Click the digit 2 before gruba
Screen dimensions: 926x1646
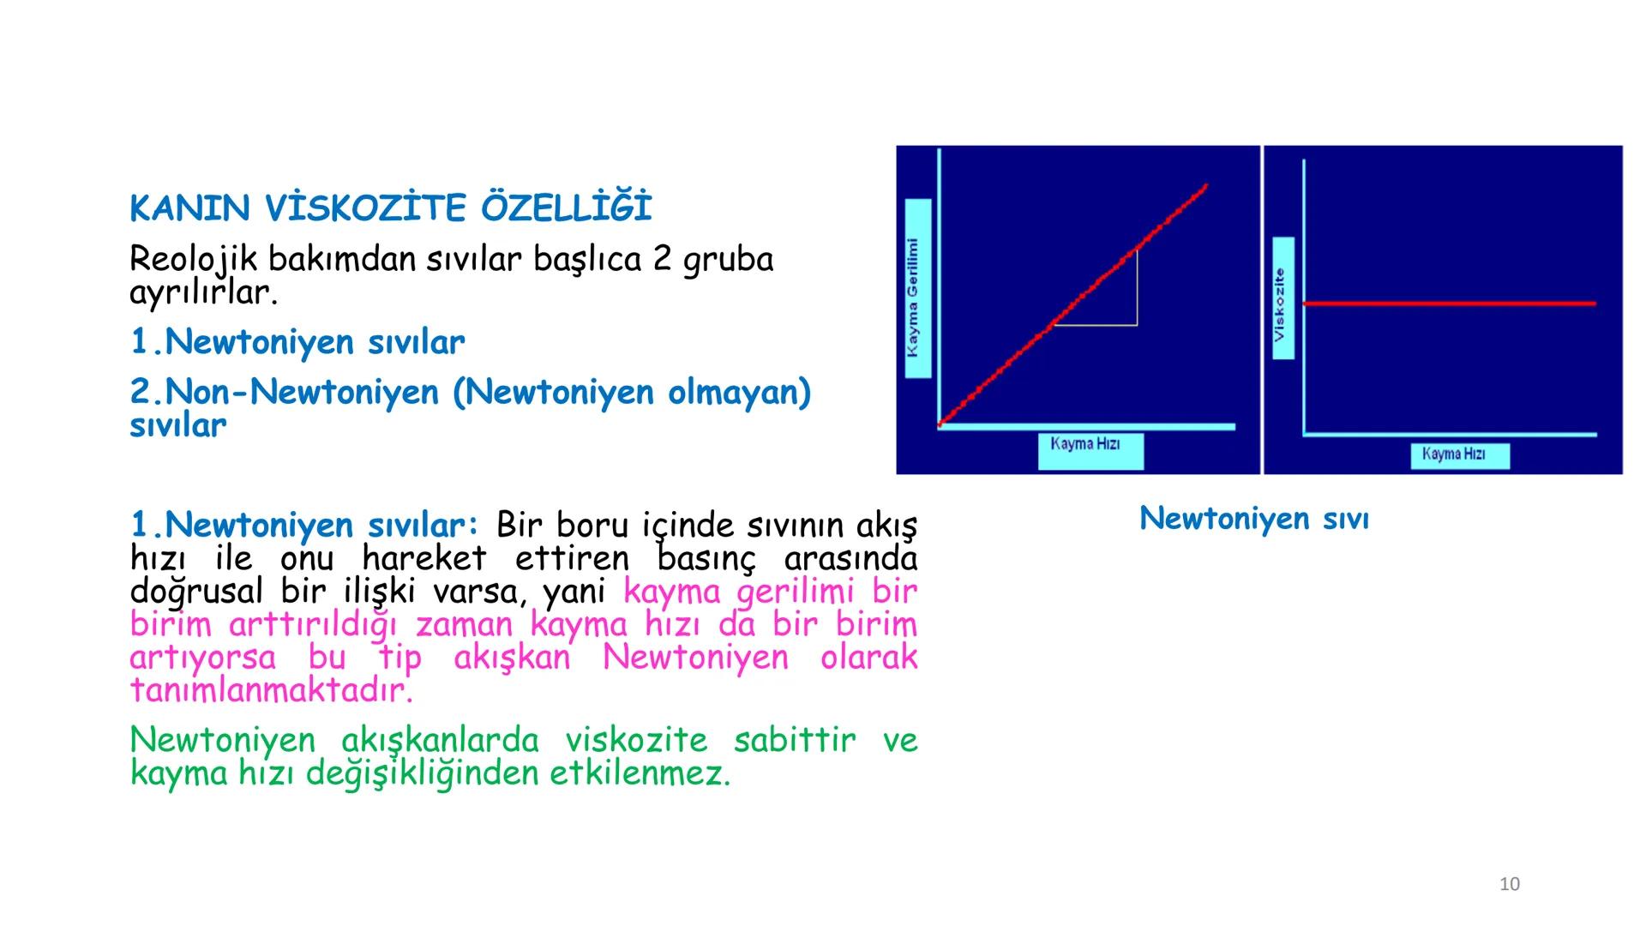(x=662, y=259)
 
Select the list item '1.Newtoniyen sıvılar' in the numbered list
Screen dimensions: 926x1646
(x=297, y=342)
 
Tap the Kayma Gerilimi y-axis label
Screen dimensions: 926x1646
(x=917, y=289)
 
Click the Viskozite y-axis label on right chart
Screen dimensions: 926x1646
(x=1283, y=298)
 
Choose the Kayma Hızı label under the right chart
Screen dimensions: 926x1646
(x=1459, y=454)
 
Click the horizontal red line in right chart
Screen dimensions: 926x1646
(x=1449, y=304)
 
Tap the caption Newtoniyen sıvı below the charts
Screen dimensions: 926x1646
(x=1253, y=518)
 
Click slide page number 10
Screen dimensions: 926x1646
(x=1509, y=884)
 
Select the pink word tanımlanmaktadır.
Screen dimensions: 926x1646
(x=271, y=690)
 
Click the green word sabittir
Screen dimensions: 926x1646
(x=794, y=740)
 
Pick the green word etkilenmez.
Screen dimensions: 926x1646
(x=640, y=773)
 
